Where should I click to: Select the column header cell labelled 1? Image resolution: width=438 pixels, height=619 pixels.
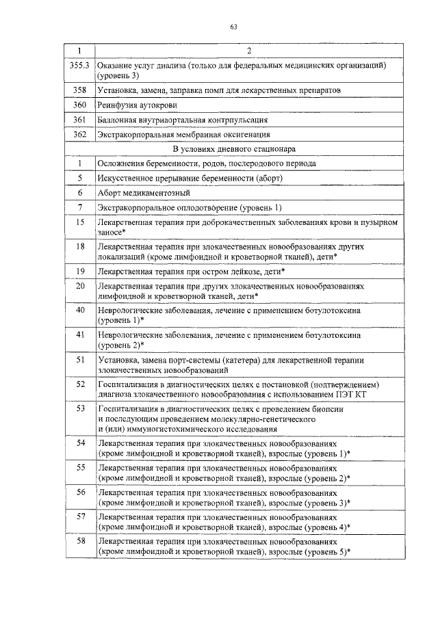tap(80, 51)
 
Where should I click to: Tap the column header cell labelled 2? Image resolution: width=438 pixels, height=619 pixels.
tap(249, 51)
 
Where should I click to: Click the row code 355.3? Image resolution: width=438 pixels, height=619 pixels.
tap(80, 64)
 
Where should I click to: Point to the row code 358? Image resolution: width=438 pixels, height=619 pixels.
tap(80, 90)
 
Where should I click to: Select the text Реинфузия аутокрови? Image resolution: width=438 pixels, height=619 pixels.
tap(138, 105)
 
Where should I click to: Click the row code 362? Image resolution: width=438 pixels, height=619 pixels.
tap(80, 135)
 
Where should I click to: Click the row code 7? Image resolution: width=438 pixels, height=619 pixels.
tap(80, 207)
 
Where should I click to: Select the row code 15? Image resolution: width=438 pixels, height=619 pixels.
tap(80, 222)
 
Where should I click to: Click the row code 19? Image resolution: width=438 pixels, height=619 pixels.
tap(80, 272)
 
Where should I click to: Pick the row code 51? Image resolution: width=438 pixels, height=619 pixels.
tap(80, 359)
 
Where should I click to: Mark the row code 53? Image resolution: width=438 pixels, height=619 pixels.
tap(80, 408)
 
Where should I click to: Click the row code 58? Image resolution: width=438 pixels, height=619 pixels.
tap(80, 541)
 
